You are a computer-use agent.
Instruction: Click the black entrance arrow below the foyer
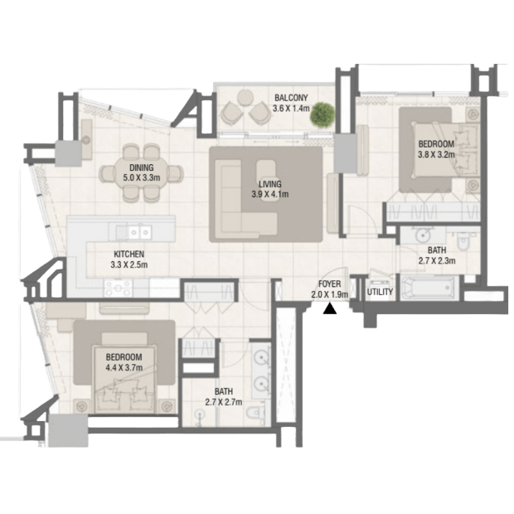330,309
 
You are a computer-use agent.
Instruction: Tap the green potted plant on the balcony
322,114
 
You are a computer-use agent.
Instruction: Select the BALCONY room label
291,98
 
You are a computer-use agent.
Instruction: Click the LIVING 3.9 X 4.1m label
270,189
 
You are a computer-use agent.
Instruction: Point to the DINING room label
141,167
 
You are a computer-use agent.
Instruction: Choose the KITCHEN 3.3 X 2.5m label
128,259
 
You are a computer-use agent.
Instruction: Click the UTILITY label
380,292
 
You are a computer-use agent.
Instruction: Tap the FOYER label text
330,284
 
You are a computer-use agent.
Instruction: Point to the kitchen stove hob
119,289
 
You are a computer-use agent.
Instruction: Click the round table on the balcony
245,97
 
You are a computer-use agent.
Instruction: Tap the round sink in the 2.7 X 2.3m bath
423,235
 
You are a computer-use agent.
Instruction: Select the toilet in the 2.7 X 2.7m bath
255,415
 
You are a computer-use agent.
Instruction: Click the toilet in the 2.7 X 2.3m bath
464,241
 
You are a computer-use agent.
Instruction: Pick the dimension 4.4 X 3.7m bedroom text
124,368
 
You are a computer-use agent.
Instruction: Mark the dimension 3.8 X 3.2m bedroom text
436,154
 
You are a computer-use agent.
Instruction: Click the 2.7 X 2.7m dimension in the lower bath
224,402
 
